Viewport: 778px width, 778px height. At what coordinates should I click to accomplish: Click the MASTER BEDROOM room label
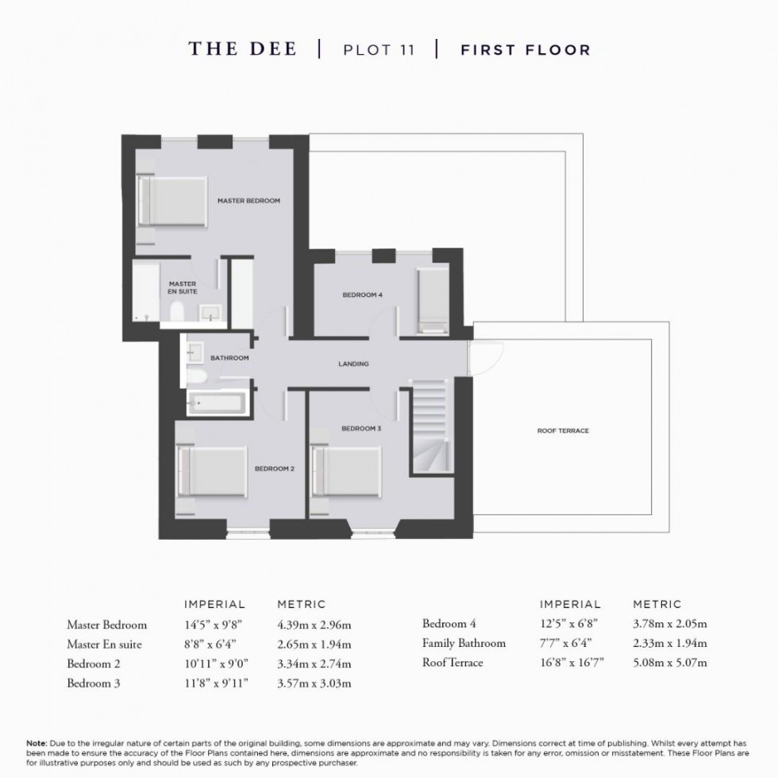coord(248,201)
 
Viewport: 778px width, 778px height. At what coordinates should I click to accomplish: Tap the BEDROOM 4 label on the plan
coord(362,295)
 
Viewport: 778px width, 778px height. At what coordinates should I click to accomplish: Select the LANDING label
coord(353,364)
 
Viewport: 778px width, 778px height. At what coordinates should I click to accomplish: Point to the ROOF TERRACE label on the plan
coord(563,431)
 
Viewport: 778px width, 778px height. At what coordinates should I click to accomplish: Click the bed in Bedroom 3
coord(347,472)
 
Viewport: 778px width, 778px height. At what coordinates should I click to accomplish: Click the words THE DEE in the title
coord(242,49)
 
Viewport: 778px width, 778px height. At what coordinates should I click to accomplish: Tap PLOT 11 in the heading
coord(378,50)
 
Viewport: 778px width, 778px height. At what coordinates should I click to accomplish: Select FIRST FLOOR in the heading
coord(526,50)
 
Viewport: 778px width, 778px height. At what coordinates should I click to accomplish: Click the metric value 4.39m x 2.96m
coord(314,625)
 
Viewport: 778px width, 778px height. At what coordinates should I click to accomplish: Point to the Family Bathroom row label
coord(464,644)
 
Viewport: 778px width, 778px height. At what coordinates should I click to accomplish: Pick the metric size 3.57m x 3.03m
coord(314,683)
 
